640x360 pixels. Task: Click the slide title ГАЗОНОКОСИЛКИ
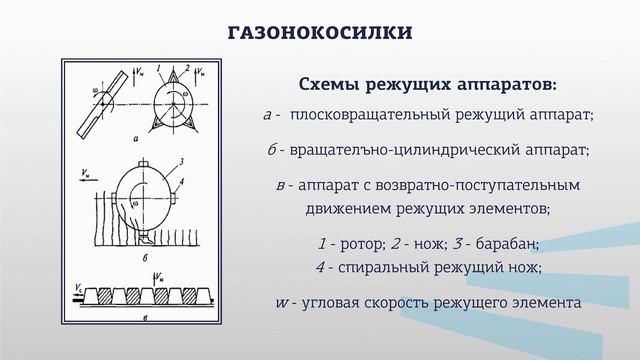click(320, 33)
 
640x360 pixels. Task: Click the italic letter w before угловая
click(282, 303)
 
